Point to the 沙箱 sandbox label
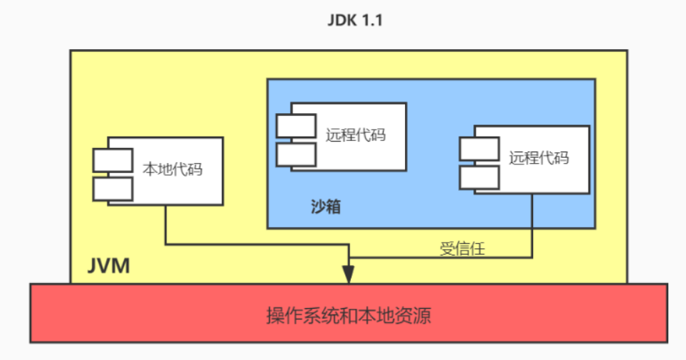326,207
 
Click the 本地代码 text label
173,170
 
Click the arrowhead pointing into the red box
349,275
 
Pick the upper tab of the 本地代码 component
112,160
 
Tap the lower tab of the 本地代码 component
112,189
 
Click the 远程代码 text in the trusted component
539,157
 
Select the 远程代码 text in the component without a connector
356,134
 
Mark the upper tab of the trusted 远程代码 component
478,149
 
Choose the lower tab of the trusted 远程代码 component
478,177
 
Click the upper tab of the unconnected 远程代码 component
296,126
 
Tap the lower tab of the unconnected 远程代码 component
296,154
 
